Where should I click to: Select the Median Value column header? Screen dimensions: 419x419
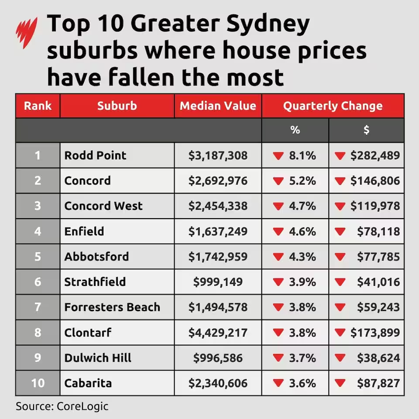[218, 106]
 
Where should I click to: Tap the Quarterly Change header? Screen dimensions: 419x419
[333, 106]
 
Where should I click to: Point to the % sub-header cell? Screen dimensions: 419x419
[295, 130]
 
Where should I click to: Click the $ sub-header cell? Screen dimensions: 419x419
[366, 130]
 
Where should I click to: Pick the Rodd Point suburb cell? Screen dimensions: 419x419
[95, 155]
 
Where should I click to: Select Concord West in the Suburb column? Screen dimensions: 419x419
[103, 206]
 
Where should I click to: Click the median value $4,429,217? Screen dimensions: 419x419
[218, 333]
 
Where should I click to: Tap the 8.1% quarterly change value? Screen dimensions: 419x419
[302, 155]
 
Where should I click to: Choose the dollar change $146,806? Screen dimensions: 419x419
[375, 181]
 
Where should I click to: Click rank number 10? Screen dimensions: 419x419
[38, 383]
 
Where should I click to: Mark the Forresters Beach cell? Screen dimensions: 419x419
[112, 307]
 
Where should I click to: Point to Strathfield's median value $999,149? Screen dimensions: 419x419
[218, 282]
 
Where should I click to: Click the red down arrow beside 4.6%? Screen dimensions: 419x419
[278, 231]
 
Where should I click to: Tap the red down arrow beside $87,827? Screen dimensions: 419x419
[340, 384]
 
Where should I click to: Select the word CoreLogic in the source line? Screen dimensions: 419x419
[82, 406]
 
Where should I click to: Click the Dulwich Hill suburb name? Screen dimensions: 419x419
[98, 358]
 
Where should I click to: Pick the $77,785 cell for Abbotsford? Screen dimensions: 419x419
[378, 257]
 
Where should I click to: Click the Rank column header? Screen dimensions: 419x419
[38, 106]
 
